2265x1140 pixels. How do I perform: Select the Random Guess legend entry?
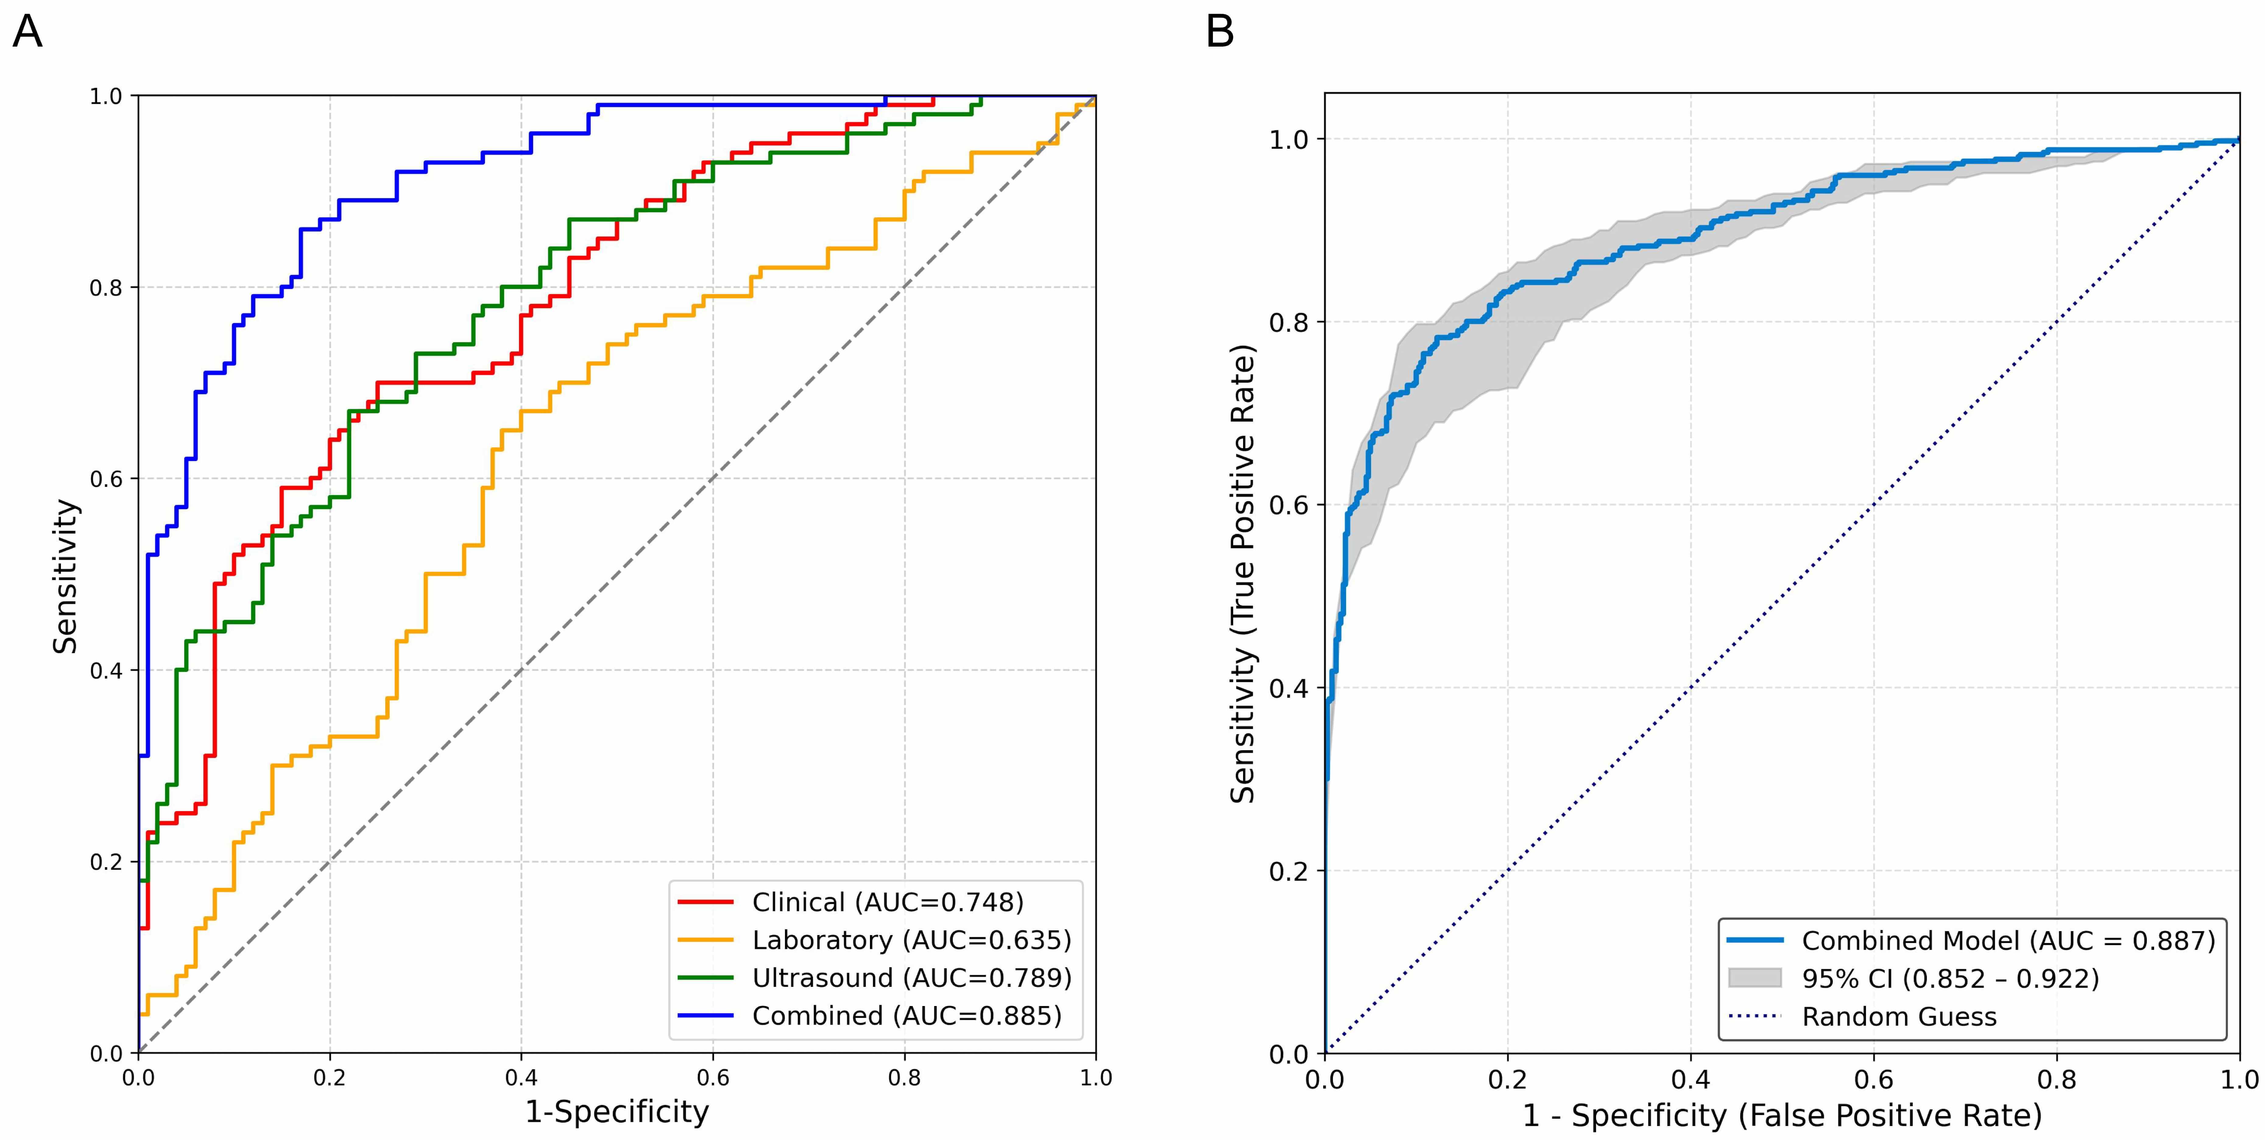[x=1899, y=1017]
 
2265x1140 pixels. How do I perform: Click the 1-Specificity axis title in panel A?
[x=617, y=1112]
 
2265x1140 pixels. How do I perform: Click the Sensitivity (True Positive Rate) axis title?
[x=1242, y=573]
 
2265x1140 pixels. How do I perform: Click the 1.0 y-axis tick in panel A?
[x=105, y=96]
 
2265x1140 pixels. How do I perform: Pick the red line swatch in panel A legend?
[x=705, y=903]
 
